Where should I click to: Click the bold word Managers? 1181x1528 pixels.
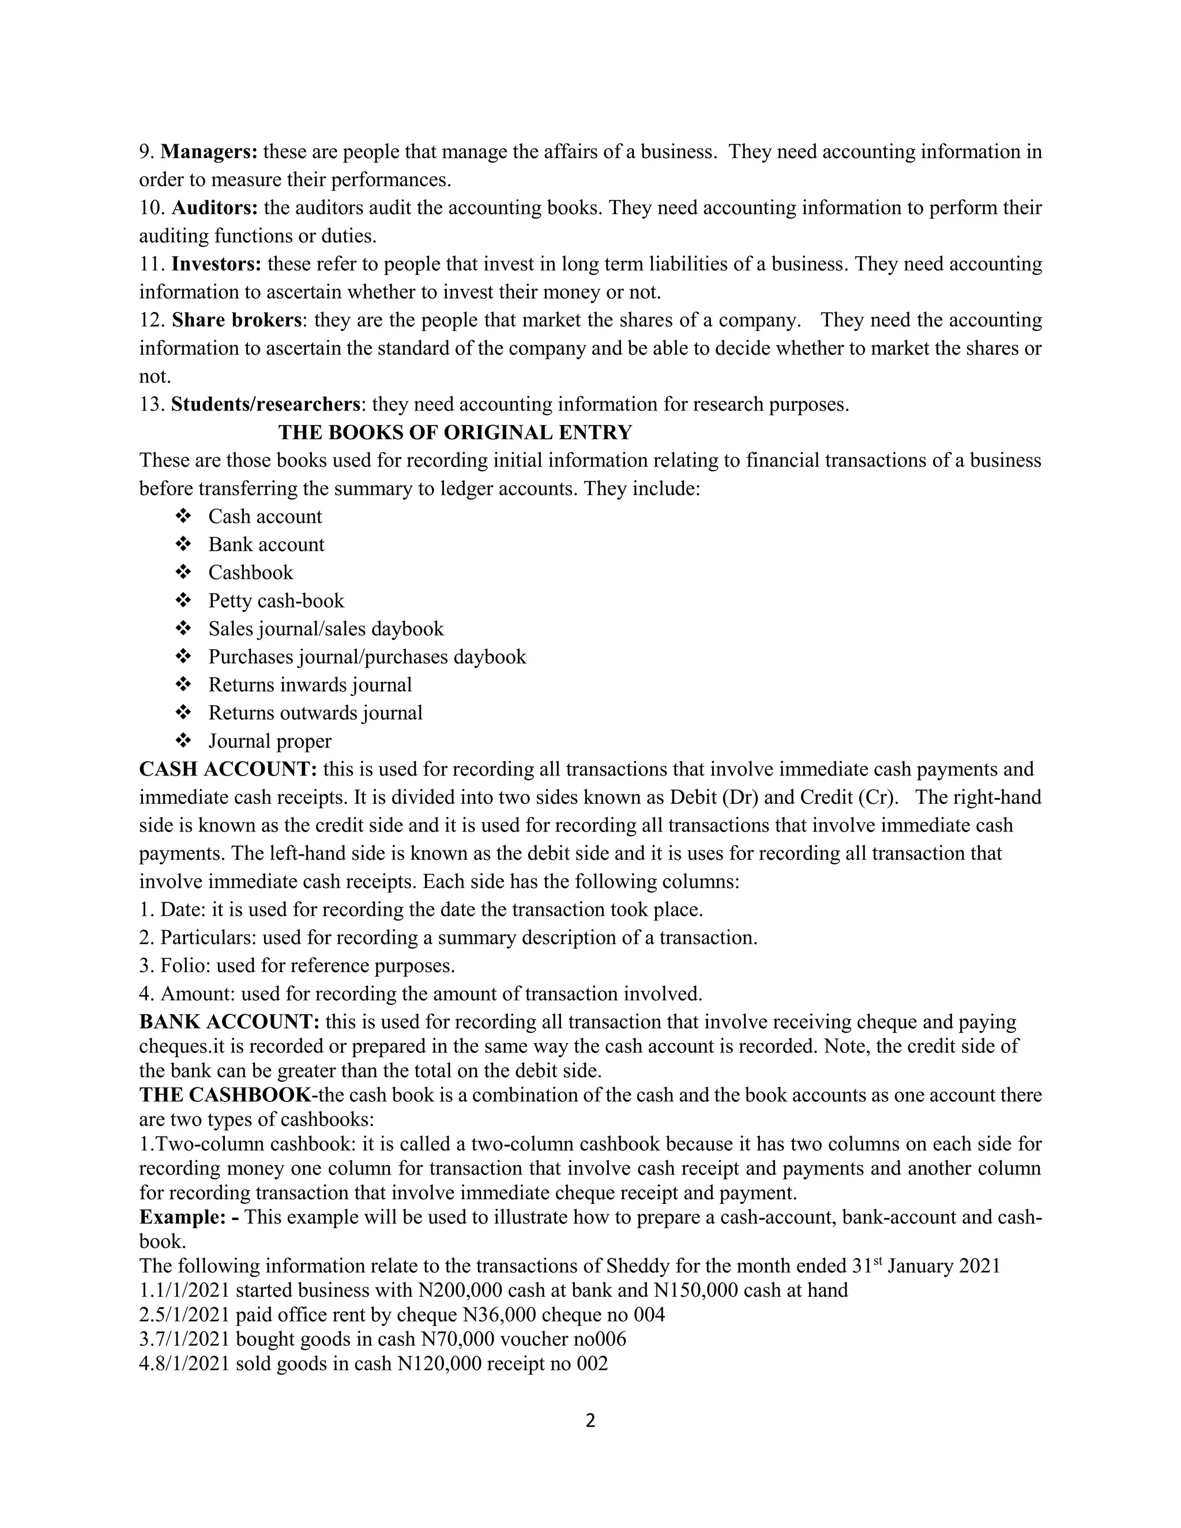pyautogui.click(x=209, y=152)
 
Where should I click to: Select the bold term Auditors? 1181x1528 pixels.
pyautogui.click(x=215, y=208)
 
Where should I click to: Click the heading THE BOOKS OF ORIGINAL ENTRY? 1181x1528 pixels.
pyautogui.click(x=455, y=432)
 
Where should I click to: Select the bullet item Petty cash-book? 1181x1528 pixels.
pyautogui.click(x=276, y=601)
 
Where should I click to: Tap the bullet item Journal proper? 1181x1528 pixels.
pyautogui.click(x=269, y=741)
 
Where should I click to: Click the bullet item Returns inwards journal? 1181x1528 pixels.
pyautogui.click(x=310, y=684)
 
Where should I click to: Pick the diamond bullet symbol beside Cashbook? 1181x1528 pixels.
pyautogui.click(x=183, y=573)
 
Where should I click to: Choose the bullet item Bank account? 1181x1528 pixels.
pyautogui.click(x=266, y=544)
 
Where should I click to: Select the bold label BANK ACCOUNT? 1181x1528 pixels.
pyautogui.click(x=230, y=1022)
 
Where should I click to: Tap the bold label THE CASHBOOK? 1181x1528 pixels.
pyautogui.click(x=225, y=1095)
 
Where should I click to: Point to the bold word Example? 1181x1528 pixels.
pyautogui.click(x=189, y=1217)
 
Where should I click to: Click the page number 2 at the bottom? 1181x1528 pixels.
pyautogui.click(x=590, y=1421)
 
